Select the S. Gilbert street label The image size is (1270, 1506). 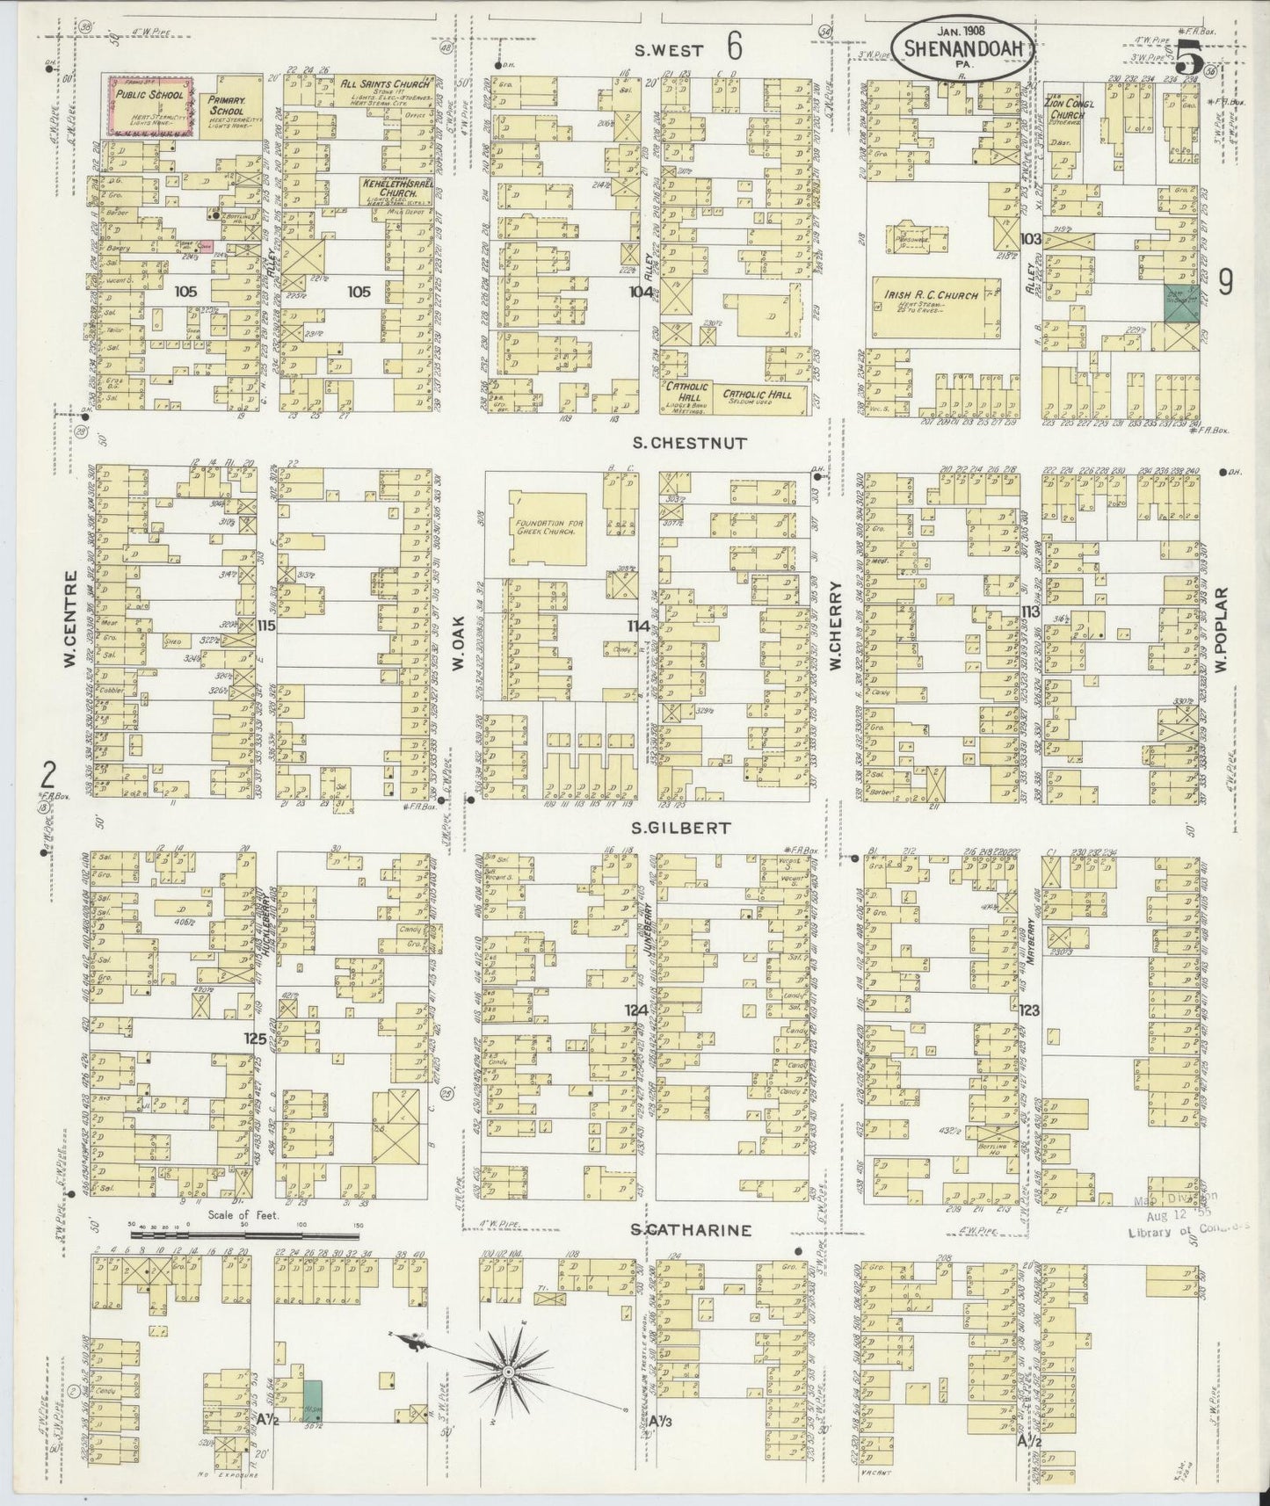694,827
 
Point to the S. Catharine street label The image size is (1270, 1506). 693,1230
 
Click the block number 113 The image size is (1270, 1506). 1030,612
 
